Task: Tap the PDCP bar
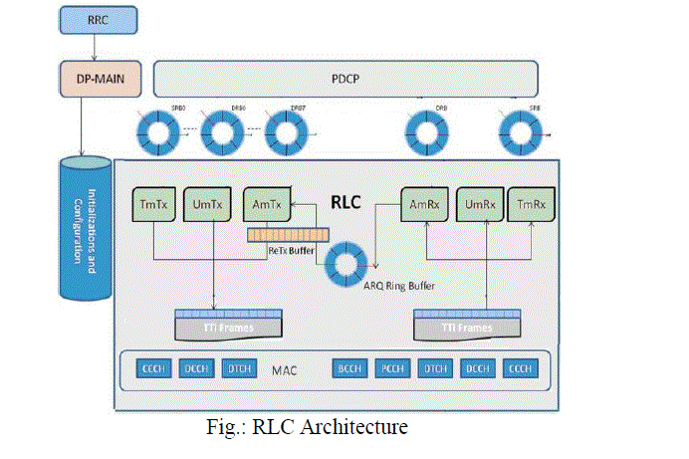(x=345, y=77)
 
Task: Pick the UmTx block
(x=207, y=204)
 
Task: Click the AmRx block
(x=421, y=204)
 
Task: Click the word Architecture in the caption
(x=352, y=429)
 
